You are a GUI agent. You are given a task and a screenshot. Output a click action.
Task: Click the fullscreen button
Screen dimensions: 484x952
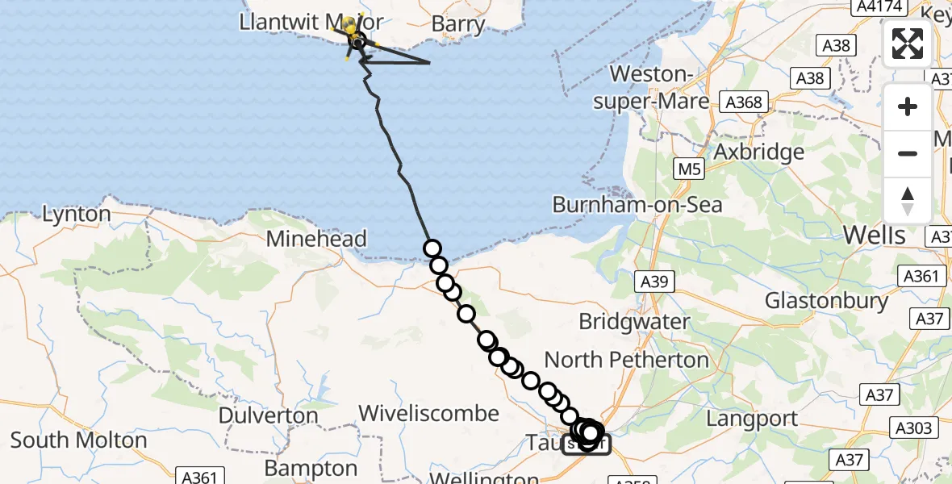[x=908, y=44]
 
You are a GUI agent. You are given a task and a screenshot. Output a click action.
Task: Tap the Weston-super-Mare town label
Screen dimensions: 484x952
[x=659, y=87]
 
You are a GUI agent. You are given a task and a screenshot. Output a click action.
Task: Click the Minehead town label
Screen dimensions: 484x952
[x=316, y=239]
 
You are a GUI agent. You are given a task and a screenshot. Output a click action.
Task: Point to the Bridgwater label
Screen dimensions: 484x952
[x=634, y=321]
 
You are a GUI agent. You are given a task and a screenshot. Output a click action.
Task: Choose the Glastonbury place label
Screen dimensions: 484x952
[x=826, y=302]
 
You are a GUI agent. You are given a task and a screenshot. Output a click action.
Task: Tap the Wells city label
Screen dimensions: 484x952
[x=874, y=235]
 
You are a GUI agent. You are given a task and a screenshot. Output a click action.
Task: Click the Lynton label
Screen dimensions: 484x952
[x=77, y=215]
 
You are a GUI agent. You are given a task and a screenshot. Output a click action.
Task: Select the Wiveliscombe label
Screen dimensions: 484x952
[x=428, y=414]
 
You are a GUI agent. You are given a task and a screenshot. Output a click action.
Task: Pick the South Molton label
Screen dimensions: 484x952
[x=79, y=440]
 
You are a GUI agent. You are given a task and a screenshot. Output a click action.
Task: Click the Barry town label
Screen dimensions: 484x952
[x=457, y=24]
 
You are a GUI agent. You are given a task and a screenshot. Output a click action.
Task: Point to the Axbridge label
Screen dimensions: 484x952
[x=759, y=152]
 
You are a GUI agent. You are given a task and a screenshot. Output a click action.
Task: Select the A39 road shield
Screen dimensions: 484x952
[x=653, y=281]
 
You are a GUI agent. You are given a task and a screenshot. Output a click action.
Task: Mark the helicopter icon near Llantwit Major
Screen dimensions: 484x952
[x=354, y=35]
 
